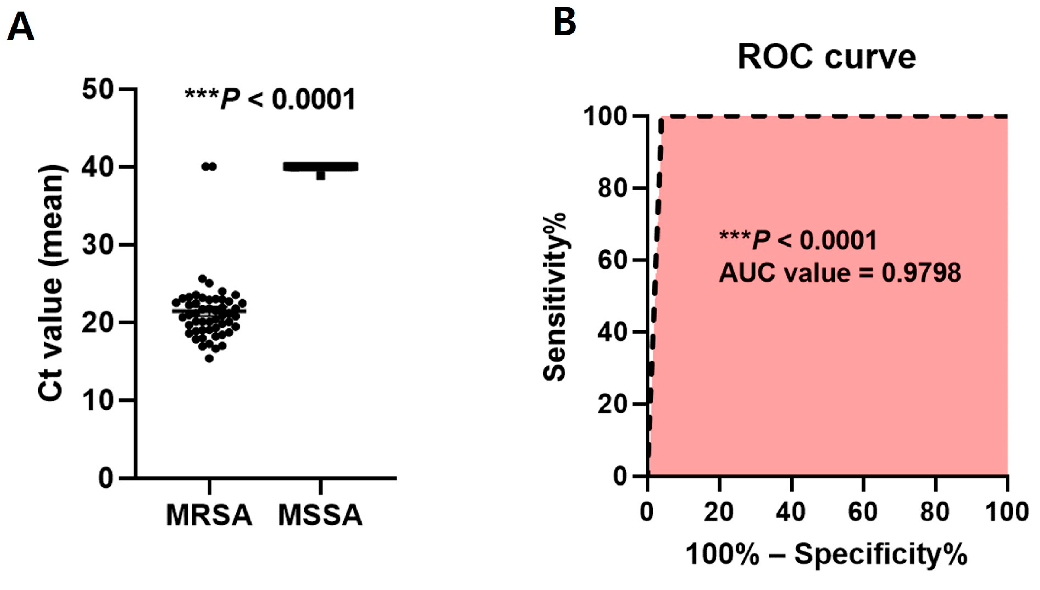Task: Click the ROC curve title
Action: [826, 57]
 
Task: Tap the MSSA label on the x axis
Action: [320, 515]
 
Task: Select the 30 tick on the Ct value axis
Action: [97, 245]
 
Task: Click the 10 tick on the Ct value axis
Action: [97, 400]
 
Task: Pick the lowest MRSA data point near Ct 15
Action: [209, 358]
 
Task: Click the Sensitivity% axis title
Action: [554, 297]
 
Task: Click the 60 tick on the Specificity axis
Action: [863, 512]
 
